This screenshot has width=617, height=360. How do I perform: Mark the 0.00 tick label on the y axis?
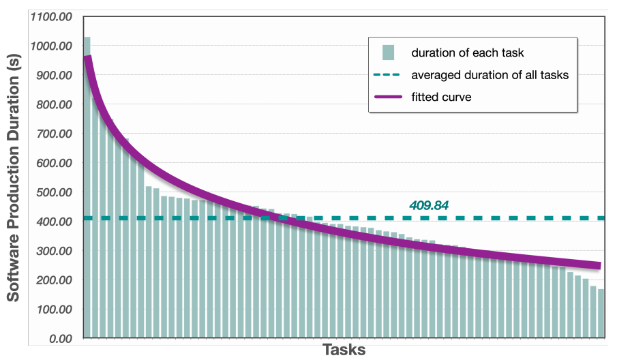click(59, 338)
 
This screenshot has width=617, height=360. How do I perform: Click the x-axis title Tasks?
click(344, 350)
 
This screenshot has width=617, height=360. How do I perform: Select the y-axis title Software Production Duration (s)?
click(13, 179)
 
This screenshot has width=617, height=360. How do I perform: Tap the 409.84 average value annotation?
click(430, 205)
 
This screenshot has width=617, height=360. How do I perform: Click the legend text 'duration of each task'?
click(467, 52)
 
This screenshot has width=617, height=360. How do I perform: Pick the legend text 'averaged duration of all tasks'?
click(490, 74)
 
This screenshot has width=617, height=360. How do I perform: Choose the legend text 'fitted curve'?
click(441, 97)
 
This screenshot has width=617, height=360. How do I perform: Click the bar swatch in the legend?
click(389, 52)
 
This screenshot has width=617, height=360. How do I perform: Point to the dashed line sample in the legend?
click(389, 74)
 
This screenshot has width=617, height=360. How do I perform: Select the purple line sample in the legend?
click(389, 97)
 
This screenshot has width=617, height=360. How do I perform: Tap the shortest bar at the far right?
click(601, 314)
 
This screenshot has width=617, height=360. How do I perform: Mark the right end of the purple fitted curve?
click(599, 265)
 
